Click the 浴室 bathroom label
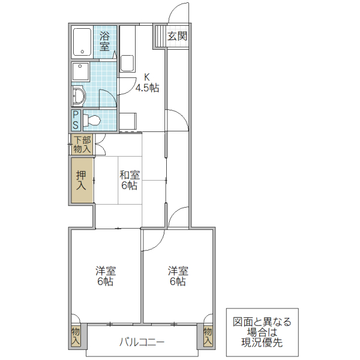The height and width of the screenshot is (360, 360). click(x=104, y=41)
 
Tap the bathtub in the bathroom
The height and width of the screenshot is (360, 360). click(x=82, y=42)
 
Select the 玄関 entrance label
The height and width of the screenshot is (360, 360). click(x=177, y=36)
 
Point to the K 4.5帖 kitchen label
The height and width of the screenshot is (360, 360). click(x=146, y=83)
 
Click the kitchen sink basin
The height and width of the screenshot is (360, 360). click(x=127, y=63)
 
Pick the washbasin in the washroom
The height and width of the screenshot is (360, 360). click(x=79, y=95)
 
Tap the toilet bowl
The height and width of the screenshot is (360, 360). click(x=91, y=120)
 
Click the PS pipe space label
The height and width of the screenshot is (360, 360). click(x=76, y=120)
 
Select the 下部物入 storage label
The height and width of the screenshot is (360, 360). click(x=82, y=144)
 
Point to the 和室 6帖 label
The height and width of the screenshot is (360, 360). click(x=129, y=180)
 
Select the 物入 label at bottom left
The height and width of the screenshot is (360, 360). click(x=76, y=335)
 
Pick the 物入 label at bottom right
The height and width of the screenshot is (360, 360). click(x=208, y=335)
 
